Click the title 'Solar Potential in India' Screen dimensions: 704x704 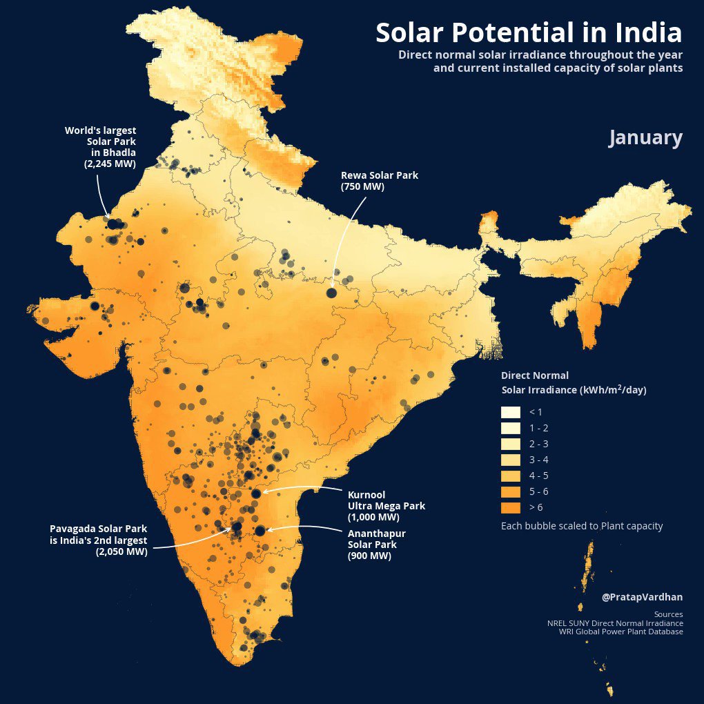click(529, 33)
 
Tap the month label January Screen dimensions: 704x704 click(645, 137)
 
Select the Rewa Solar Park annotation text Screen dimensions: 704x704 click(379, 181)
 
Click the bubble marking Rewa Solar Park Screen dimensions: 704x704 click(331, 293)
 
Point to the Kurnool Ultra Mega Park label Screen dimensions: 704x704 click(386, 506)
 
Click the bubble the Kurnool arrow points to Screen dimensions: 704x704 click(256, 493)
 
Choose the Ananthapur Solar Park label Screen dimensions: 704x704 click(376, 545)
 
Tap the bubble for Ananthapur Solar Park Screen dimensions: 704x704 click(260, 530)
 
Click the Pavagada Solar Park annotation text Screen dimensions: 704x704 click(98, 540)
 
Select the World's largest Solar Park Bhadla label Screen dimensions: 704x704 click(101, 146)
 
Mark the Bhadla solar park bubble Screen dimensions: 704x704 click(115, 224)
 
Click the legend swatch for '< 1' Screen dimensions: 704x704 click(511, 412)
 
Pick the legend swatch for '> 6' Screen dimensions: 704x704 click(511, 507)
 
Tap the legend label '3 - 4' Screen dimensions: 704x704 click(538, 460)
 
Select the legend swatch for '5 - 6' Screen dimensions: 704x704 click(511, 491)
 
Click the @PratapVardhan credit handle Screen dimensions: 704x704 click(642, 596)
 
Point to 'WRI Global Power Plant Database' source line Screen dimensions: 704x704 click(620, 632)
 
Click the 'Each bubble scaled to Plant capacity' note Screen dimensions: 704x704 click(582, 526)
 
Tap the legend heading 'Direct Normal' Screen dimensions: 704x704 click(535, 375)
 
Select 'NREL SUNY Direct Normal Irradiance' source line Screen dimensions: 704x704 click(615, 623)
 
